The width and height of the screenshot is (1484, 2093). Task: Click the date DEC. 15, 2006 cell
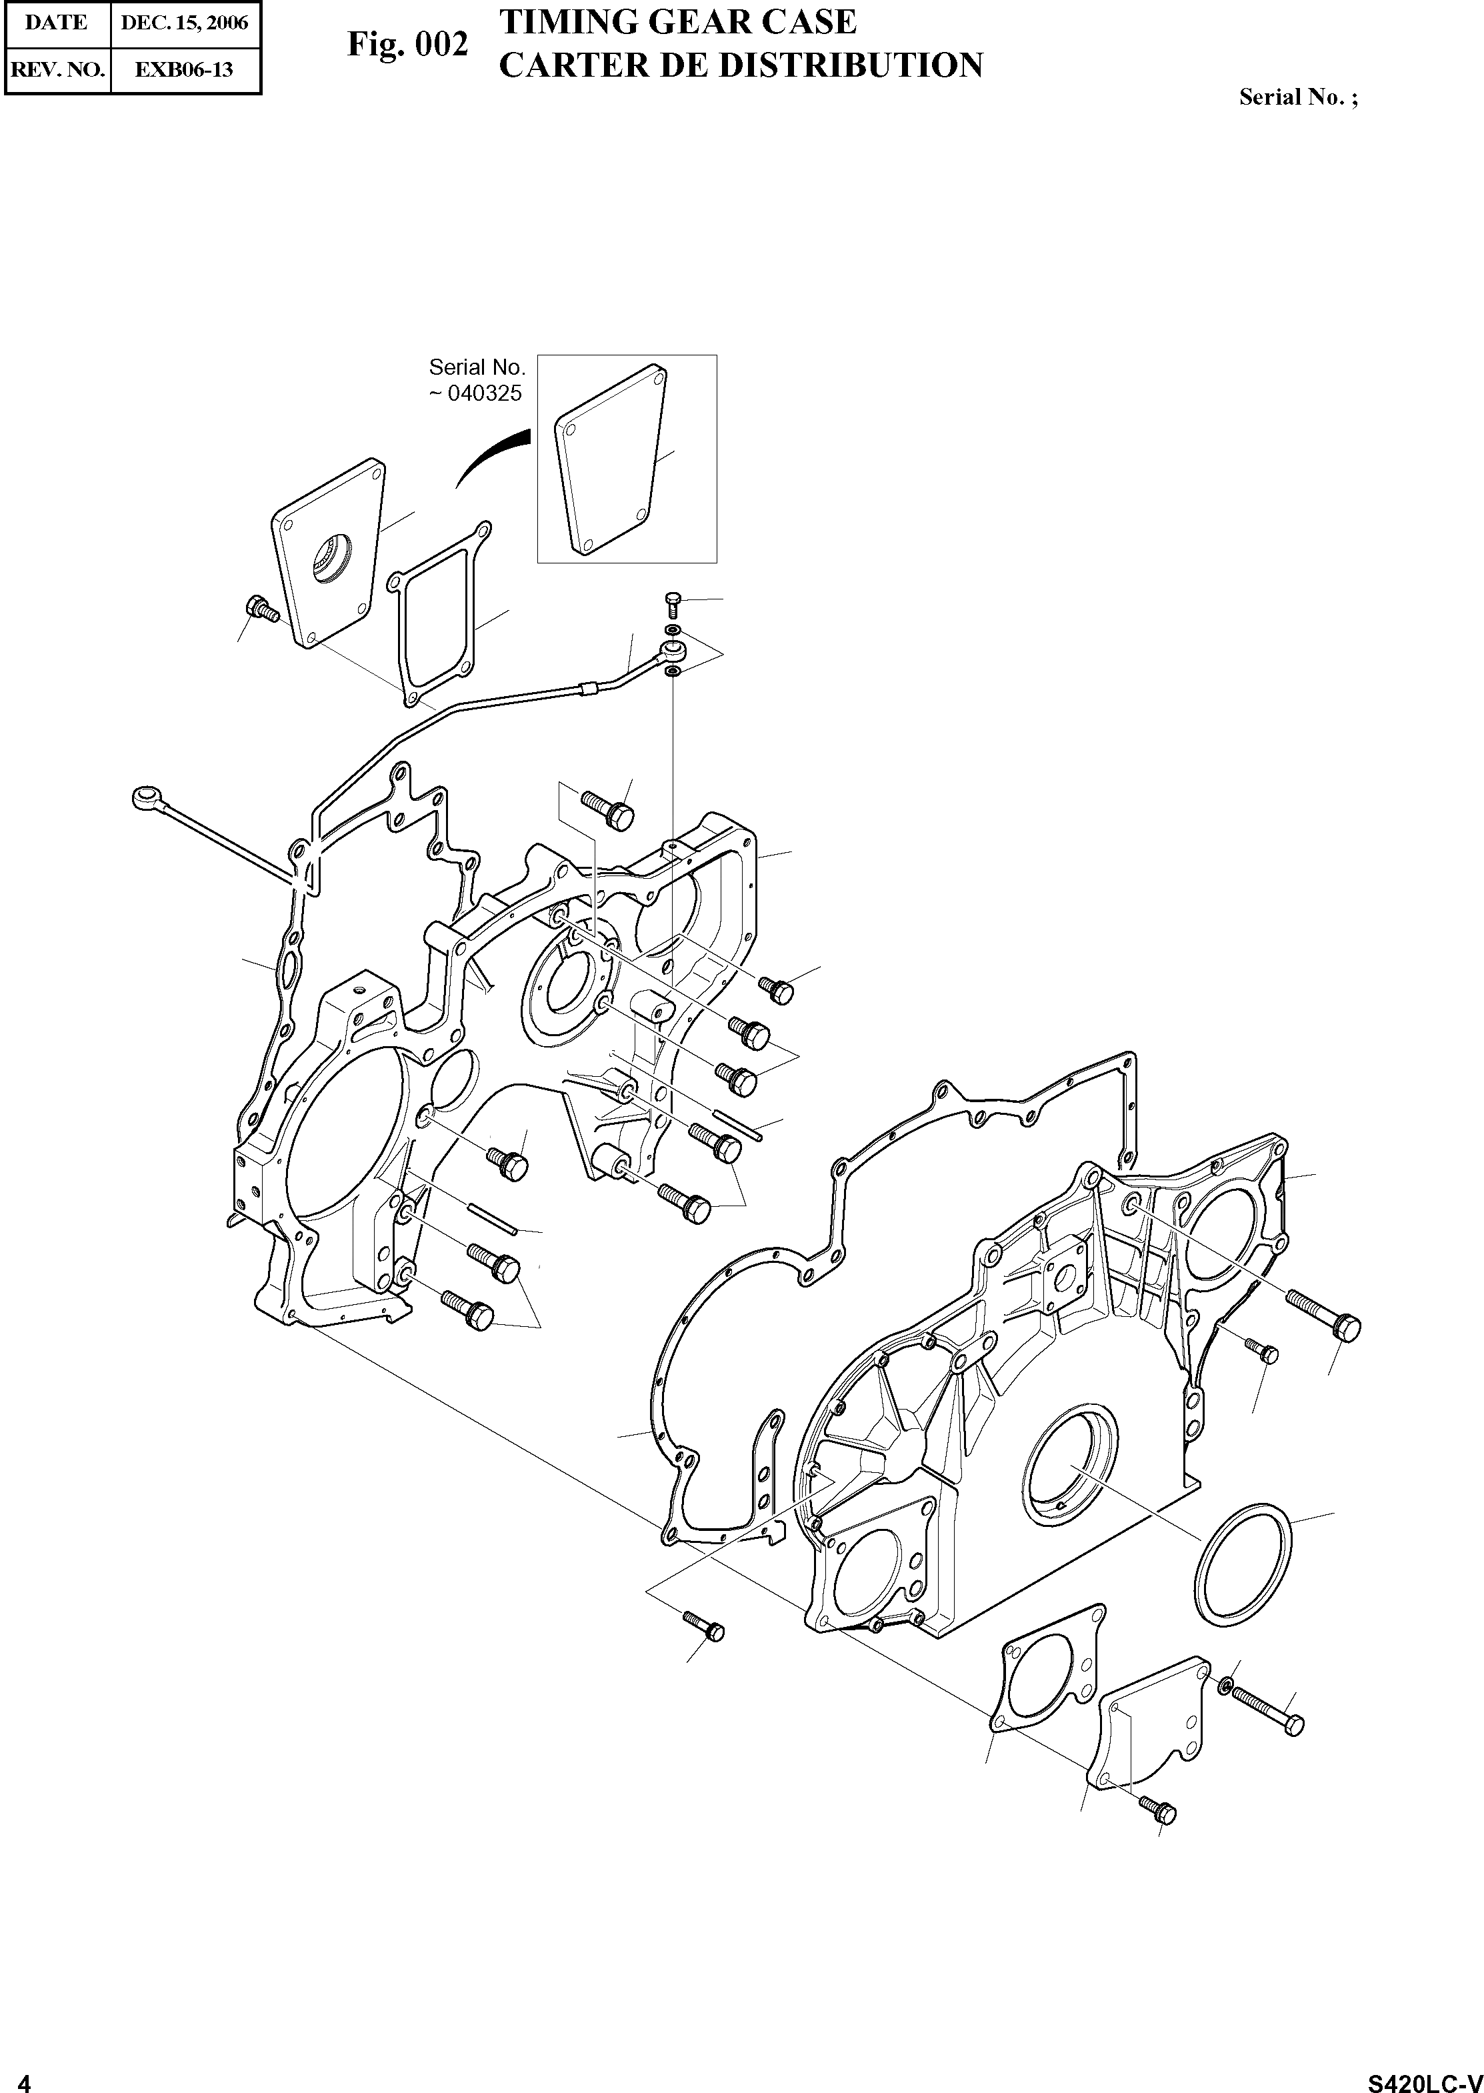click(185, 23)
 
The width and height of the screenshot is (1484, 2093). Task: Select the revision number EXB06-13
click(185, 69)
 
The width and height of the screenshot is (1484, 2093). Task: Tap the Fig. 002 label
click(407, 44)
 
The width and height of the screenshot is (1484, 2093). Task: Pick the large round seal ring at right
click(1244, 1563)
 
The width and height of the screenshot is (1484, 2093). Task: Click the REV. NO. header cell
click(57, 69)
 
